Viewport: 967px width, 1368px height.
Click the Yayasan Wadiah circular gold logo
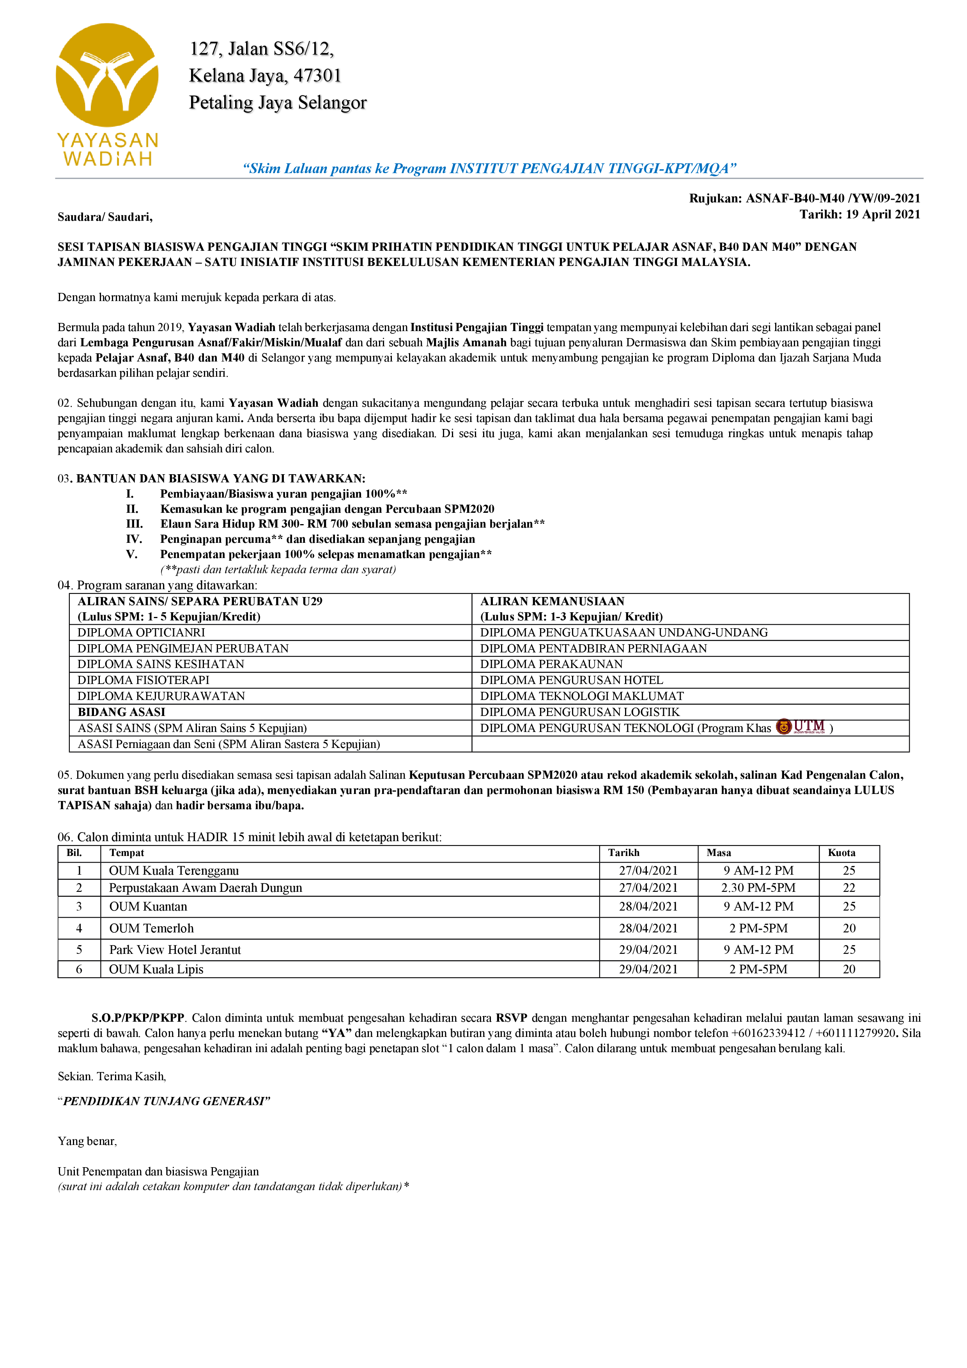point(107,75)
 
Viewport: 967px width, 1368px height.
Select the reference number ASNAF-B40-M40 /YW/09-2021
point(833,198)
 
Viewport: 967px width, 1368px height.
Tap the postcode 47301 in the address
point(317,76)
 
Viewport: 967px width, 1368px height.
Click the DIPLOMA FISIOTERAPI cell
point(143,680)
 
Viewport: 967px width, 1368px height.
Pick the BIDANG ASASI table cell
point(122,712)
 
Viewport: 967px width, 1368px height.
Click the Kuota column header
point(841,852)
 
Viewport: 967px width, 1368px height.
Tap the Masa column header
point(719,852)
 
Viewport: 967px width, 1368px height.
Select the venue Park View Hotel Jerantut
point(175,950)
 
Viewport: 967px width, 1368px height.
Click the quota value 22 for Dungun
point(849,888)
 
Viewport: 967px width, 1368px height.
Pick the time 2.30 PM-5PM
point(758,888)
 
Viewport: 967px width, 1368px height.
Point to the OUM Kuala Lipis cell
point(156,969)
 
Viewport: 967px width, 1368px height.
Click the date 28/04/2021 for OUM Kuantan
point(648,906)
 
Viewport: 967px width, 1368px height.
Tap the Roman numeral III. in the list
point(134,524)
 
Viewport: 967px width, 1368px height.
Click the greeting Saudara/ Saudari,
point(105,217)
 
